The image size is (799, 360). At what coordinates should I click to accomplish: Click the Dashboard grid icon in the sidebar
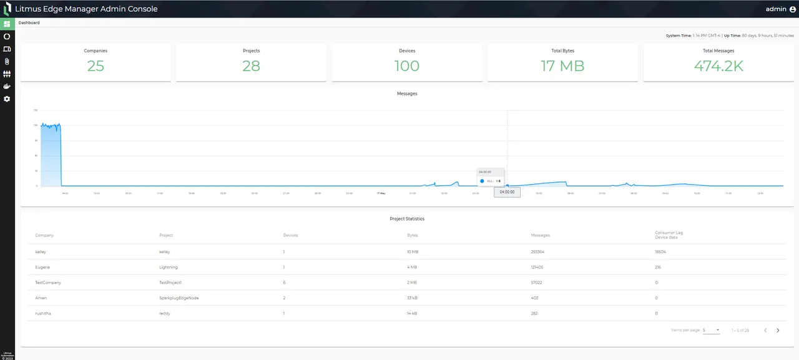(x=7, y=24)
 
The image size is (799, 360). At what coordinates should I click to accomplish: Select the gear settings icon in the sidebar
(x=7, y=99)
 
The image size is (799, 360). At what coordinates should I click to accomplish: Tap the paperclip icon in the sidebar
(x=7, y=61)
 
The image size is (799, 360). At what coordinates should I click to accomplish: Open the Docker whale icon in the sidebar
(x=7, y=87)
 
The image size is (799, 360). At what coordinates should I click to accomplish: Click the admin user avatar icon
(x=793, y=9)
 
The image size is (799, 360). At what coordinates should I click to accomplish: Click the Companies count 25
(x=96, y=66)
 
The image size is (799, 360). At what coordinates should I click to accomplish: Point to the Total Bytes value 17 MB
(x=562, y=66)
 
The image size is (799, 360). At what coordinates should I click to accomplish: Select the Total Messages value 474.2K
(x=718, y=66)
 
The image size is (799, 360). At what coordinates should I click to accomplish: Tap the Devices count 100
(x=407, y=66)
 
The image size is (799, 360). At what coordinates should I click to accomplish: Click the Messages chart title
(x=407, y=94)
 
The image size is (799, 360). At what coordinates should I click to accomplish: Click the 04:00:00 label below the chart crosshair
(x=507, y=192)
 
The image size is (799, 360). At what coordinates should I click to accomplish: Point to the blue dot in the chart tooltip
(x=483, y=181)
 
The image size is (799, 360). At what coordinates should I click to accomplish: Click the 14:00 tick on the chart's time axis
(x=65, y=193)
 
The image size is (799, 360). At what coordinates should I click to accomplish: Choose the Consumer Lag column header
(x=669, y=235)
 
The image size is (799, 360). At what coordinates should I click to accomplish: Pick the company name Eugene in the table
(x=42, y=267)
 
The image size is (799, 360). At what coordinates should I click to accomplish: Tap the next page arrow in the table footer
(x=778, y=330)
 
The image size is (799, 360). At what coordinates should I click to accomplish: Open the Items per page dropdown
(x=711, y=330)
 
